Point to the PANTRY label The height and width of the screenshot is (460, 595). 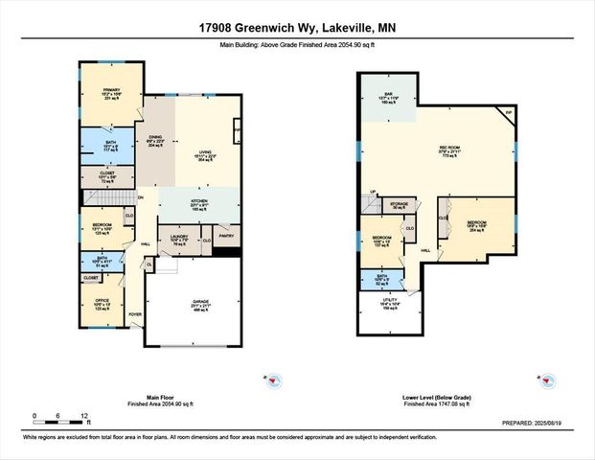coord(226,236)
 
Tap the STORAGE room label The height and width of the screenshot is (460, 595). coord(400,204)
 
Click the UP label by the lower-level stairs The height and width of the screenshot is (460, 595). coord(374,193)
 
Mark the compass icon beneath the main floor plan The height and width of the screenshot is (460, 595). coord(272,379)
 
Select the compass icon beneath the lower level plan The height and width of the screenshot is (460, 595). coord(550,379)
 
